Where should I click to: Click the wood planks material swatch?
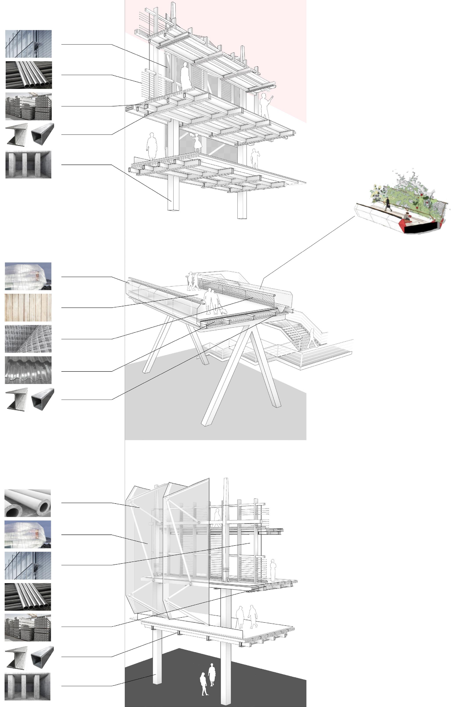28,307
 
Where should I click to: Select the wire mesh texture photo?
28,339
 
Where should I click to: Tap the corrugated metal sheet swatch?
28,370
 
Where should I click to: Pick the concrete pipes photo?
27,503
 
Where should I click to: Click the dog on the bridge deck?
223,312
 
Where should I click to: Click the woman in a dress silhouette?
198,143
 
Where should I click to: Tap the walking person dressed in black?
388,204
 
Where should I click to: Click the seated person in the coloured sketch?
407,216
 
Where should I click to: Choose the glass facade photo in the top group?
28,44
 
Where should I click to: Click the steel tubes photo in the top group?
28,75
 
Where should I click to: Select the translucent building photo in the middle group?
28,276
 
